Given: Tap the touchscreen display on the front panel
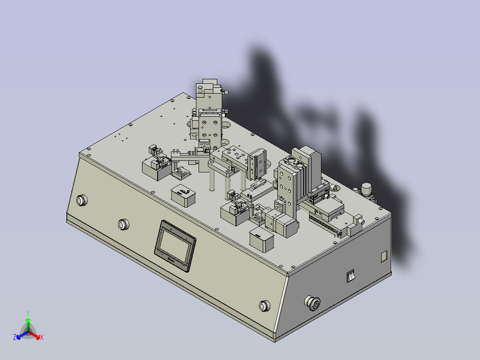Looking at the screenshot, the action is point(175,246).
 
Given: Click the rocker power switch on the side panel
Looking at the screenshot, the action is point(350,276).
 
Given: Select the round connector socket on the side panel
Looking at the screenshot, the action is point(313,303).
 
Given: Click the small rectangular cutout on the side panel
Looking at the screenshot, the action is point(384,257).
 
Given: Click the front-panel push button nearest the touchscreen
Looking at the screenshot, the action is point(123,225).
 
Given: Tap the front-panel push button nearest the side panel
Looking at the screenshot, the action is point(264,306).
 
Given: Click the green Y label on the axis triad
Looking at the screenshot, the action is point(28,313).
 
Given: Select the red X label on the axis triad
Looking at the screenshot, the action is point(42,337).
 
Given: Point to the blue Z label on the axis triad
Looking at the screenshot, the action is point(15,337).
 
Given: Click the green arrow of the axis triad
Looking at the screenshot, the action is point(28,325).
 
